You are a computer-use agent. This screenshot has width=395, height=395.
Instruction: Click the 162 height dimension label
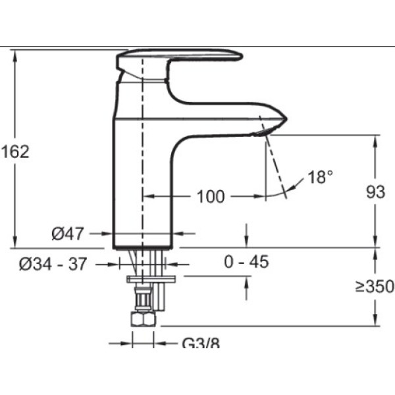click(x=16, y=151)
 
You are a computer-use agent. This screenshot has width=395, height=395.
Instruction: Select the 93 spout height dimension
click(x=375, y=192)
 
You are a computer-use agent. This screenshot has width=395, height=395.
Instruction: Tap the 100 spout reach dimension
click(x=211, y=196)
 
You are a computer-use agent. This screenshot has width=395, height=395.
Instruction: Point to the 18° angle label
click(x=320, y=176)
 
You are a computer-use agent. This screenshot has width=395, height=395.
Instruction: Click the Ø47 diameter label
click(x=68, y=234)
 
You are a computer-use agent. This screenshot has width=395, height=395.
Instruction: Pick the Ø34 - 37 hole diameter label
click(x=53, y=264)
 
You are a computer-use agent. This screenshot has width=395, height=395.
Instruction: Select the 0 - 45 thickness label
click(x=246, y=261)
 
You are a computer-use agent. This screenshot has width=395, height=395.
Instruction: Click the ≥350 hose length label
click(x=375, y=286)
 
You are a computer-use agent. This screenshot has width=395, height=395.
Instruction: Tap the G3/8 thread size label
click(x=201, y=342)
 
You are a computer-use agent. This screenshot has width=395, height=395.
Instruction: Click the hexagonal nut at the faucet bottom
click(x=143, y=319)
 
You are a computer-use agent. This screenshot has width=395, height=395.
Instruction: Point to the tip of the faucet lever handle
click(x=241, y=56)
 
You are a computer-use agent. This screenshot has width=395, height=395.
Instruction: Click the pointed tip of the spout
click(x=286, y=119)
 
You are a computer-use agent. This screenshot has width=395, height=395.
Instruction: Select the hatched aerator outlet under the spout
click(x=262, y=132)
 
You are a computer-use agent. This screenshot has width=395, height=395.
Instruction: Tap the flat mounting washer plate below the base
click(x=151, y=279)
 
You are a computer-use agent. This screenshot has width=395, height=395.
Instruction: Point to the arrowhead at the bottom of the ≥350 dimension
click(x=375, y=320)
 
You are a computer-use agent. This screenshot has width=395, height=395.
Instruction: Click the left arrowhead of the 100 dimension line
click(x=148, y=196)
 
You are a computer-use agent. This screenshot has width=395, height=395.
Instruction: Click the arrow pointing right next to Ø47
click(x=107, y=234)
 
